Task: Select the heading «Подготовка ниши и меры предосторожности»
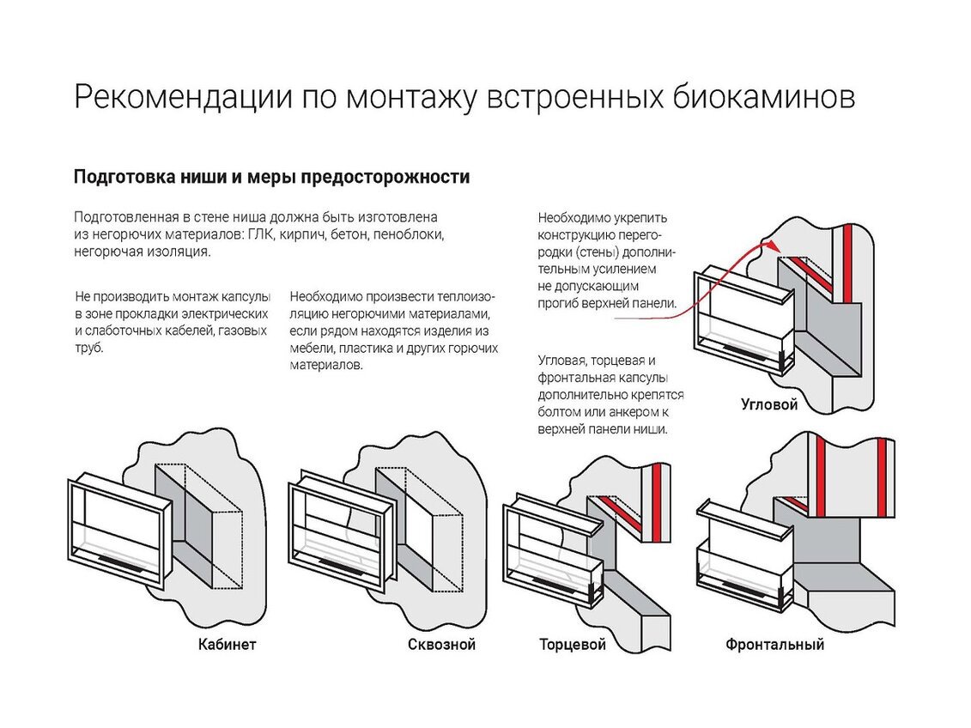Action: [271, 178]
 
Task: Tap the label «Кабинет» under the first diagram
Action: [227, 645]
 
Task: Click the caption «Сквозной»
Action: [441, 645]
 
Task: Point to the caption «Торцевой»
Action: [573, 645]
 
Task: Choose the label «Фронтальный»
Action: [774, 645]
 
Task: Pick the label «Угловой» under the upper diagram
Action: [769, 404]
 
